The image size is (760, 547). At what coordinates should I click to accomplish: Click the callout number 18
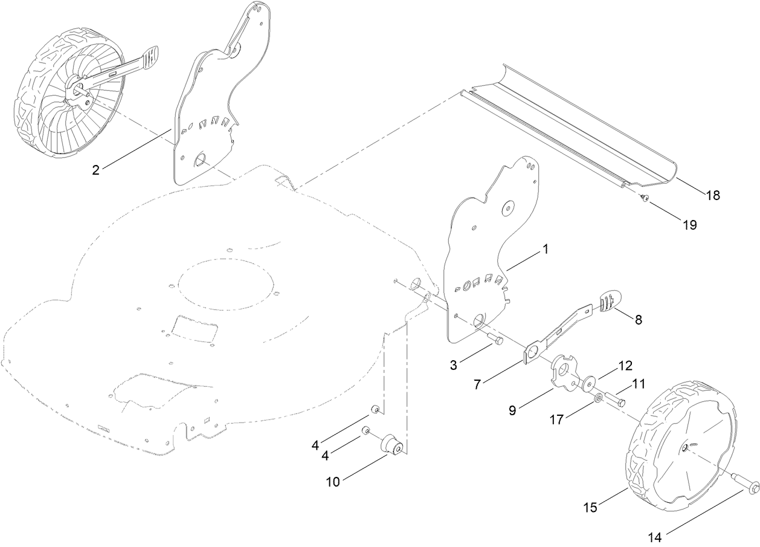point(713,195)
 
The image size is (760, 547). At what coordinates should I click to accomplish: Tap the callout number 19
point(689,225)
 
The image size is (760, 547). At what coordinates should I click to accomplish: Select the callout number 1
point(546,248)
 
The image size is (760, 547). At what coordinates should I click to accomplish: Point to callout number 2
point(95,170)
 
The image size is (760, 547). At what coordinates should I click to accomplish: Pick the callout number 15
point(590,507)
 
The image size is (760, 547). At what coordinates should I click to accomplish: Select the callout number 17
point(556,419)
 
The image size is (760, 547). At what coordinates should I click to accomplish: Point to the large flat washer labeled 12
point(588,383)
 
